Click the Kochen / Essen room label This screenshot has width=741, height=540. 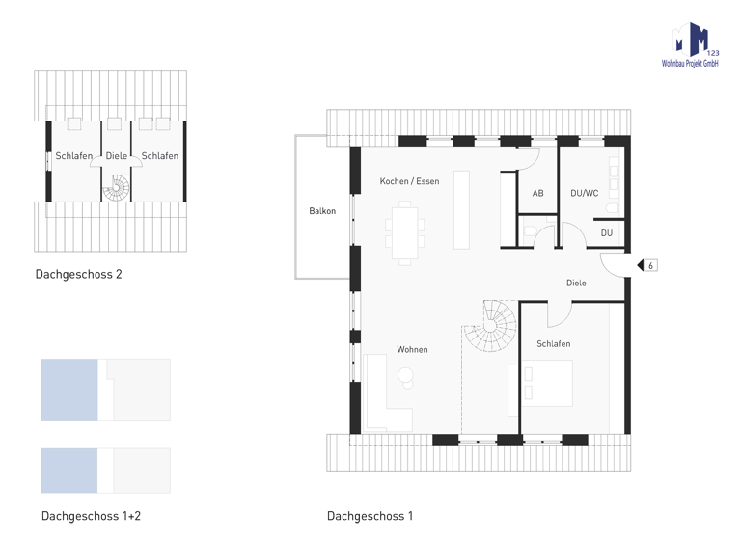[x=409, y=181]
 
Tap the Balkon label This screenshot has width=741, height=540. [x=322, y=211]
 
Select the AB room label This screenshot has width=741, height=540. [x=537, y=194]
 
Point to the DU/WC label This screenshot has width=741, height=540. [x=584, y=193]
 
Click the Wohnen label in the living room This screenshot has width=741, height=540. [x=412, y=349]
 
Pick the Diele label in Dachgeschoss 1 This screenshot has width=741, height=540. [x=576, y=283]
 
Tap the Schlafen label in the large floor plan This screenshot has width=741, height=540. [x=553, y=343]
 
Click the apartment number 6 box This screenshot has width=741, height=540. [x=650, y=265]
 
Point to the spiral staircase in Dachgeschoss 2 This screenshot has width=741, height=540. [x=117, y=187]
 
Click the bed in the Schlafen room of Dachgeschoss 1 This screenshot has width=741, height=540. [x=547, y=384]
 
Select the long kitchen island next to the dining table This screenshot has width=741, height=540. [x=461, y=208]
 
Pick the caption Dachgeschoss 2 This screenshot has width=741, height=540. [x=78, y=274]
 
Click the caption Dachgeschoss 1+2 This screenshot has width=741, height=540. [x=91, y=516]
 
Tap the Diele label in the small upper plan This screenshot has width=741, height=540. [x=116, y=156]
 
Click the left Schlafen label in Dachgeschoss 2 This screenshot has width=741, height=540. [x=74, y=156]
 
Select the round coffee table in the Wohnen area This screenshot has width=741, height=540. [x=406, y=377]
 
